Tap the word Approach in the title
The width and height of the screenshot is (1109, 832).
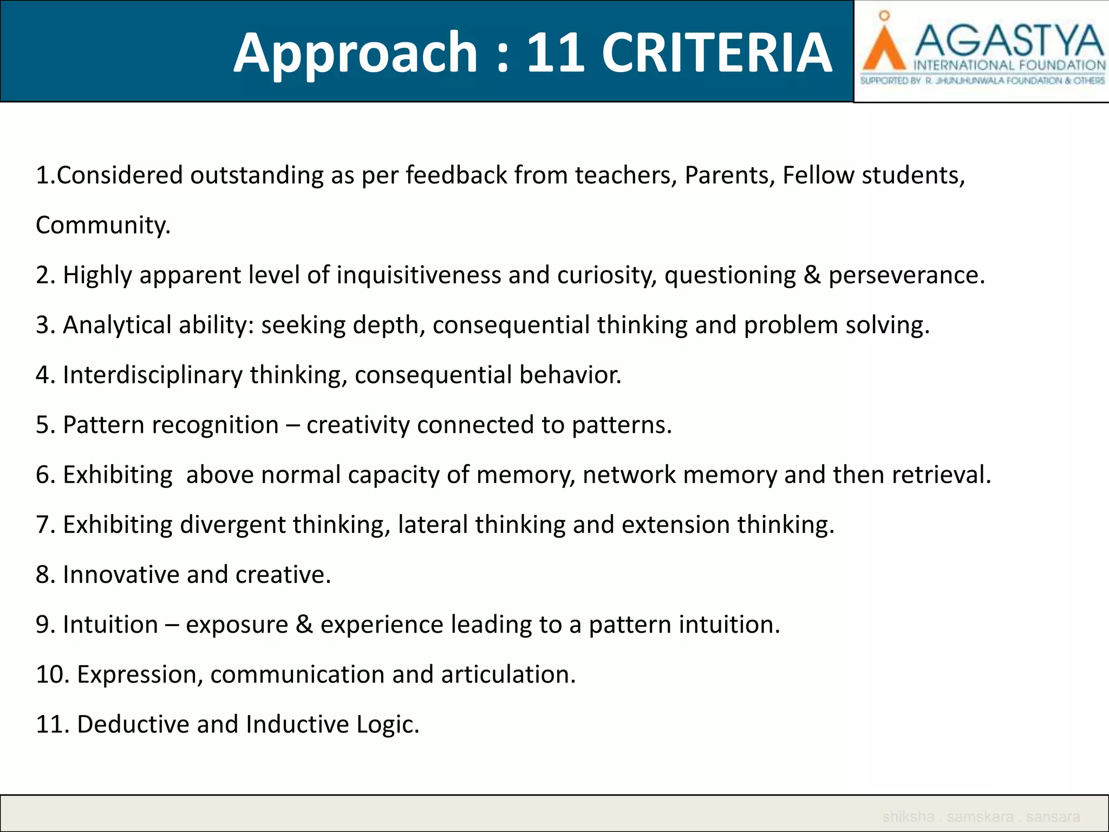point(355,54)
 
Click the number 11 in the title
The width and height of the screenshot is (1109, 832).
point(556,53)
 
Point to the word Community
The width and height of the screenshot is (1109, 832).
point(103,225)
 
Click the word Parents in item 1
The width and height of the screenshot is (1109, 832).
point(729,175)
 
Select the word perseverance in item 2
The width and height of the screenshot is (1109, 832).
point(906,275)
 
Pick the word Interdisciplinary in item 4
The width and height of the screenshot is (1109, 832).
point(153,375)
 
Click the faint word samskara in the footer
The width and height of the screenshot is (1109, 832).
point(980,816)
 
